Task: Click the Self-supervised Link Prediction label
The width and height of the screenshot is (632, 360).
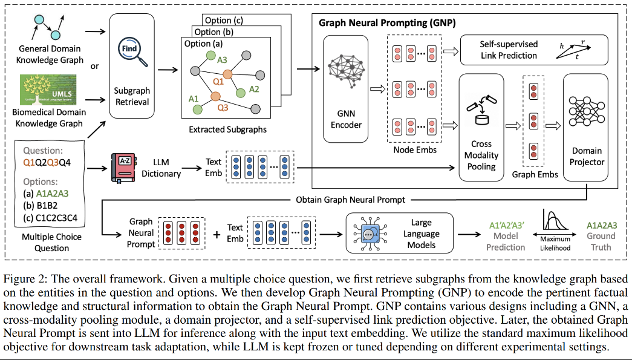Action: (x=509, y=50)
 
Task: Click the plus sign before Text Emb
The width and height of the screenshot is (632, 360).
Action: (x=217, y=233)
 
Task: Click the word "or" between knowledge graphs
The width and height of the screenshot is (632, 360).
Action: (x=94, y=66)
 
